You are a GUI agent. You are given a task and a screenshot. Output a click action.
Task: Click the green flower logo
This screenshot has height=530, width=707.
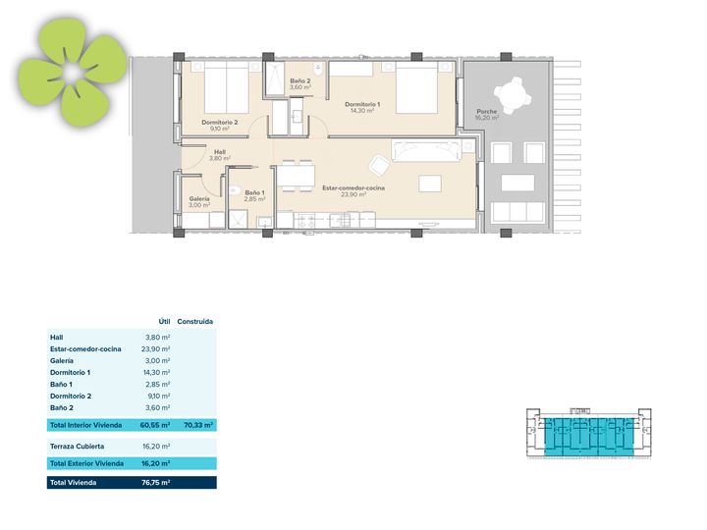(x=72, y=72)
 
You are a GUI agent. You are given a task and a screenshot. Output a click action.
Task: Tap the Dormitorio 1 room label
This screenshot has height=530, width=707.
(x=362, y=104)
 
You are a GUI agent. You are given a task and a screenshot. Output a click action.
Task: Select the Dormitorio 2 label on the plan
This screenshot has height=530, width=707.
(x=220, y=122)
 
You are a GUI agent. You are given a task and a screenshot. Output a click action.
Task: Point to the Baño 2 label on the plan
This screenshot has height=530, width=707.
(x=299, y=81)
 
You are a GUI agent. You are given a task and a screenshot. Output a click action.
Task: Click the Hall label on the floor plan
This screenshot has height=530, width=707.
(x=220, y=152)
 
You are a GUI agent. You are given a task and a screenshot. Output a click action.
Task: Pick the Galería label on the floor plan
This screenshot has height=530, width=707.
(x=199, y=198)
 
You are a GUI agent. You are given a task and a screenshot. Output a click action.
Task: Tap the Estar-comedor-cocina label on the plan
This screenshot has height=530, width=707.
(x=353, y=187)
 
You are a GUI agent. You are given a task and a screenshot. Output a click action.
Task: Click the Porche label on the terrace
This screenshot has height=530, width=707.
(x=486, y=111)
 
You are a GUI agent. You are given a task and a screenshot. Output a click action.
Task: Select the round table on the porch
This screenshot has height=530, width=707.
(x=513, y=95)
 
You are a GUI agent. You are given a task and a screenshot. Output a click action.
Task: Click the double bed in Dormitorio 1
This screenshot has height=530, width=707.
(x=416, y=87)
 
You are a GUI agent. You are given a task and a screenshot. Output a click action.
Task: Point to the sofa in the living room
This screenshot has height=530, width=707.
(x=426, y=151)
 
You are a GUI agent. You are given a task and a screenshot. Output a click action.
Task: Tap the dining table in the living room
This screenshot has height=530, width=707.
(x=296, y=176)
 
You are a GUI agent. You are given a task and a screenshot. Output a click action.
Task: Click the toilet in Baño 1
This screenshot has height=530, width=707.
(x=233, y=190)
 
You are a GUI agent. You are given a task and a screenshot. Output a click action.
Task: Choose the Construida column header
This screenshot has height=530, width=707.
(x=194, y=321)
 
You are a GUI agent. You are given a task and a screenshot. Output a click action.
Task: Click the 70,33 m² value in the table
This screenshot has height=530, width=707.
(x=198, y=425)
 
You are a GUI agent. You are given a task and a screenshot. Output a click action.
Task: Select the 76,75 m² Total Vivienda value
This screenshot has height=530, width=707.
(x=155, y=482)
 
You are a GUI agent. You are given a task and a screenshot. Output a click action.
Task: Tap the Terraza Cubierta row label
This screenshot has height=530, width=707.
(x=78, y=447)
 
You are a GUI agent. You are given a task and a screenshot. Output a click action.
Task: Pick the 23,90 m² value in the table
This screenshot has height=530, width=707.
(x=155, y=348)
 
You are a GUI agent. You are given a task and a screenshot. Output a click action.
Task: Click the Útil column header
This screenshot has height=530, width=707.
(x=164, y=321)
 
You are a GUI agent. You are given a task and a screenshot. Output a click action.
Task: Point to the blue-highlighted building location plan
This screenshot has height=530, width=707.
(x=589, y=434)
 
